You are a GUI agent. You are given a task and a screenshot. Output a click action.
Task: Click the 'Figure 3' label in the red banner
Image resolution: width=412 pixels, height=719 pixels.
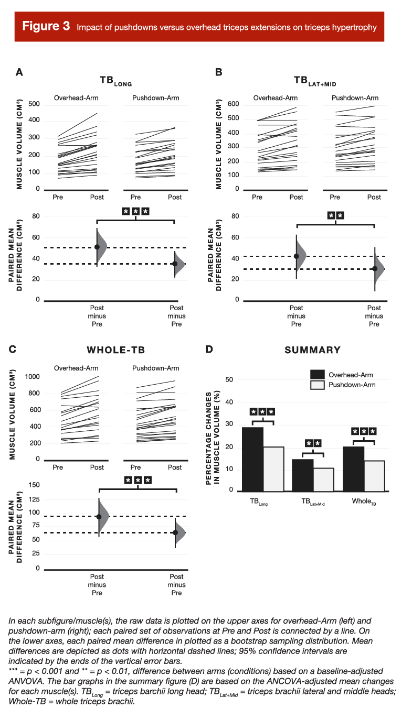point(46,27)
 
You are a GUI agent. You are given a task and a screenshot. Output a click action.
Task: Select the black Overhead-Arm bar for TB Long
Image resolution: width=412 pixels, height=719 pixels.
point(252,459)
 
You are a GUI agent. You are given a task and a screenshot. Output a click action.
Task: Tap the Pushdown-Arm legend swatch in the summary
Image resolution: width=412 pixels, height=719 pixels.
point(317,385)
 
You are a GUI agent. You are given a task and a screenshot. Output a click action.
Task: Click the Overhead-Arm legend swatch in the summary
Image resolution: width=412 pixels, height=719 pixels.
point(317,374)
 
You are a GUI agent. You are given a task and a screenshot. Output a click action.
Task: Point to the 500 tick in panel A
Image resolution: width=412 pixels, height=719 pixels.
point(34,104)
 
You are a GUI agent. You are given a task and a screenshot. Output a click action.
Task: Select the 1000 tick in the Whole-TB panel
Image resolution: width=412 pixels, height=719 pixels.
point(31,377)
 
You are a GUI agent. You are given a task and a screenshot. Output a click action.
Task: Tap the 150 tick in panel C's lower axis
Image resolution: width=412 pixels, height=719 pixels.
point(34,485)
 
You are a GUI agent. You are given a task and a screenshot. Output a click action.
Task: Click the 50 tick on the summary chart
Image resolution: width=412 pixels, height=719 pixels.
point(229,379)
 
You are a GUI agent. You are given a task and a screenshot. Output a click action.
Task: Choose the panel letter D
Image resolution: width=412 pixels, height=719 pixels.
point(209,349)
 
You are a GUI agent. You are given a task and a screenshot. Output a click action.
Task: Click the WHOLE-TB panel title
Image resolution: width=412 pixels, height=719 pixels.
point(115,350)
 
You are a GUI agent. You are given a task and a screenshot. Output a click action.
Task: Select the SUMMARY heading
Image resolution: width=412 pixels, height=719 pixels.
point(312,350)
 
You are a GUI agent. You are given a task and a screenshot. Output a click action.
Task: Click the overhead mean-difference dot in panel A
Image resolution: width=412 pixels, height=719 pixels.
point(97,247)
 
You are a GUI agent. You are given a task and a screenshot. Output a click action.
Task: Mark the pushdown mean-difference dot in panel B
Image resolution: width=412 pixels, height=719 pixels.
point(375,269)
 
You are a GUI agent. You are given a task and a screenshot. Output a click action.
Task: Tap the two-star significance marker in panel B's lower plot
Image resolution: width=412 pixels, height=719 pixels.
point(335,215)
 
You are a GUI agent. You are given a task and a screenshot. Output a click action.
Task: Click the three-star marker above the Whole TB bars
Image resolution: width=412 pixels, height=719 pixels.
point(364,432)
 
